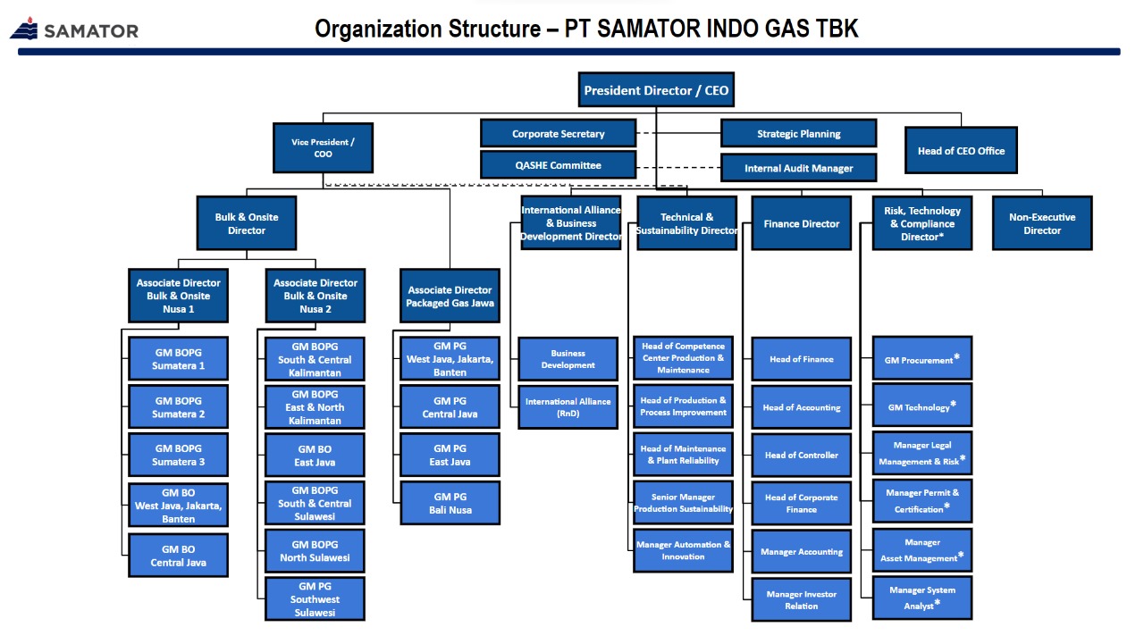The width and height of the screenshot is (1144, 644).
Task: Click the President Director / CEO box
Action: pyautogui.click(x=656, y=90)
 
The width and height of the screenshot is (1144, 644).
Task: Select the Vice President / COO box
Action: pyautogui.click(x=323, y=148)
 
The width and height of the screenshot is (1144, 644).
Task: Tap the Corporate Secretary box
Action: pyautogui.click(x=558, y=134)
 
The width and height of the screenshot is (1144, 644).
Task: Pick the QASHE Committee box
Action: pyautogui.click(x=558, y=165)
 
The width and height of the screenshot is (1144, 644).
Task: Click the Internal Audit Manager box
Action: pyautogui.click(x=798, y=168)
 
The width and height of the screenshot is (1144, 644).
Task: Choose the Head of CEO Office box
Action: pyautogui.click(x=961, y=151)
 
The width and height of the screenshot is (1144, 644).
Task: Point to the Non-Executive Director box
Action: pyautogui.click(x=1042, y=223)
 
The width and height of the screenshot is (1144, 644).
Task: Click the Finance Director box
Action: pyautogui.click(x=801, y=223)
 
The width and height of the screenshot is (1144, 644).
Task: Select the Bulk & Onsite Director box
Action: pyautogui.click(x=247, y=223)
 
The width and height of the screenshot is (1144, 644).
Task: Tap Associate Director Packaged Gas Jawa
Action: pyautogui.click(x=450, y=297)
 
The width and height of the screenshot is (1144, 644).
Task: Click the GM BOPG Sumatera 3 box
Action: pyautogui.click(x=178, y=455)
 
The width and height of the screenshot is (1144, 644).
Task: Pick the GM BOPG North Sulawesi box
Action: pyautogui.click(x=315, y=551)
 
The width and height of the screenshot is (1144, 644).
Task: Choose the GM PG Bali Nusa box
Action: pyautogui.click(x=450, y=503)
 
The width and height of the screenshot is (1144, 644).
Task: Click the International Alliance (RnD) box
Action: pyautogui.click(x=568, y=407)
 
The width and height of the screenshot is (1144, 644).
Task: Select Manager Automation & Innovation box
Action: pyautogui.click(x=683, y=550)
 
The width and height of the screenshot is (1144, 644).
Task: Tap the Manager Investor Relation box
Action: pyautogui.click(x=801, y=599)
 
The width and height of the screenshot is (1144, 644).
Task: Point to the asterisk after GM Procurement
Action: pyautogui.click(x=956, y=357)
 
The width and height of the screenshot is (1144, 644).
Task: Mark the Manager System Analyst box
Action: pyautogui.click(x=921, y=598)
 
